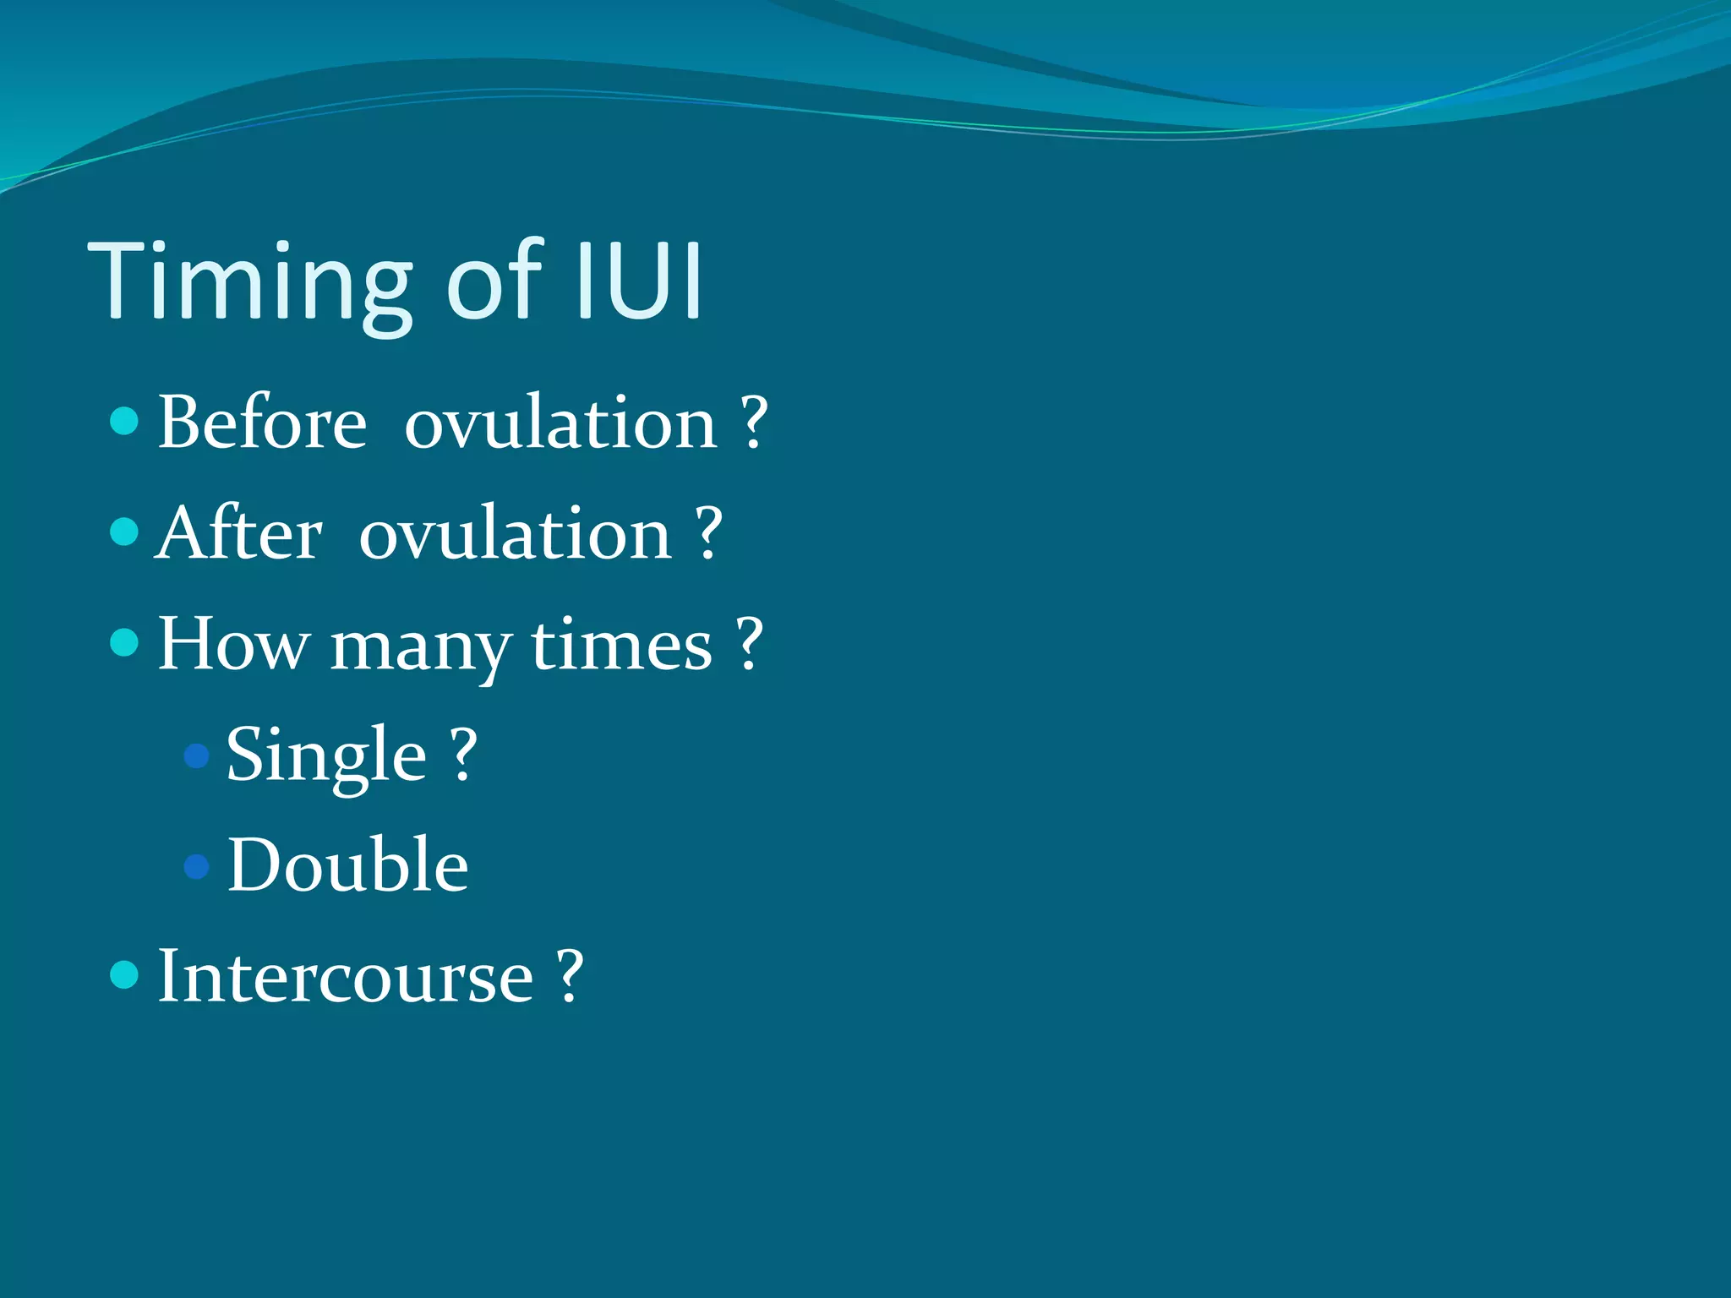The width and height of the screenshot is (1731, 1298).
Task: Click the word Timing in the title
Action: pyautogui.click(x=249, y=283)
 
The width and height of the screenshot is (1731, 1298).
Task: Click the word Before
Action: pyautogui.click(x=262, y=422)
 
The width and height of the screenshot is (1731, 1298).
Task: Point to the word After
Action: pyautogui.click(x=239, y=533)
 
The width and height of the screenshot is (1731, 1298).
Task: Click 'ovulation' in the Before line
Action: pyautogui.click(x=560, y=423)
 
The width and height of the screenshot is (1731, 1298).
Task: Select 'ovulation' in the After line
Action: pyautogui.click(x=515, y=535)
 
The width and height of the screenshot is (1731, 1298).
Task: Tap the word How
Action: pyautogui.click(x=233, y=645)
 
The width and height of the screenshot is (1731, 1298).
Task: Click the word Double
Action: pyautogui.click(x=347, y=865)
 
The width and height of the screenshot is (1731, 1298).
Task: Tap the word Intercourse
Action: pyautogui.click(x=345, y=977)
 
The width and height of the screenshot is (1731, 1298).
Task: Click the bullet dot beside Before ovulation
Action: pyautogui.click(x=124, y=420)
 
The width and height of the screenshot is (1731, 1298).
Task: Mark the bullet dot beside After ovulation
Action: pyautogui.click(x=124, y=532)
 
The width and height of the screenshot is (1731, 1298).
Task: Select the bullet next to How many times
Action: pyautogui.click(x=124, y=642)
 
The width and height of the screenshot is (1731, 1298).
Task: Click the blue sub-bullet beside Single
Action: pyautogui.click(x=196, y=755)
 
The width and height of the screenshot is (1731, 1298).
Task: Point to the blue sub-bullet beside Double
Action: pyautogui.click(x=196, y=866)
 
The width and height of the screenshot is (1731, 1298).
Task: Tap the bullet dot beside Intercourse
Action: pyautogui.click(x=124, y=974)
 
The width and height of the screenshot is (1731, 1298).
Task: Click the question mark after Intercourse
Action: pyautogui.click(x=571, y=975)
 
